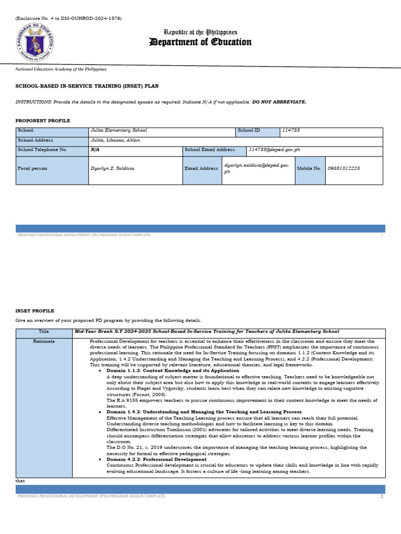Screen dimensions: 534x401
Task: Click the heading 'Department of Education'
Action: pyautogui.click(x=200, y=42)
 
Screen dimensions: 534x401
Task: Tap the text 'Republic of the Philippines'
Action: pyautogui.click(x=200, y=32)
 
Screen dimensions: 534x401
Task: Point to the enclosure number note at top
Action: pyautogui.click(x=68, y=18)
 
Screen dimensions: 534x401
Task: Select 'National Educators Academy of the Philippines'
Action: pyautogui.click(x=61, y=69)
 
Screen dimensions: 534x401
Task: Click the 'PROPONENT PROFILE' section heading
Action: pyautogui.click(x=43, y=120)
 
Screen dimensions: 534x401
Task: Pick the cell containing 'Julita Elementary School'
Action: pyautogui.click(x=119, y=130)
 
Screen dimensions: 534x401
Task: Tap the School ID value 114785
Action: pyautogui.click(x=291, y=130)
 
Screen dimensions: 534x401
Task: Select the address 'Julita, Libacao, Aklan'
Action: pyautogui.click(x=115, y=140)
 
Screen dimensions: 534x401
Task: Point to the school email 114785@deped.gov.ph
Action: pyautogui.click(x=274, y=150)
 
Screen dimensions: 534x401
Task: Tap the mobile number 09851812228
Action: pyautogui.click(x=343, y=168)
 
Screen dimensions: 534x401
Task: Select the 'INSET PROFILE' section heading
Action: pyautogui.click(x=35, y=311)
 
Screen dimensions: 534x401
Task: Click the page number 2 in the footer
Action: pyautogui.click(x=382, y=496)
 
